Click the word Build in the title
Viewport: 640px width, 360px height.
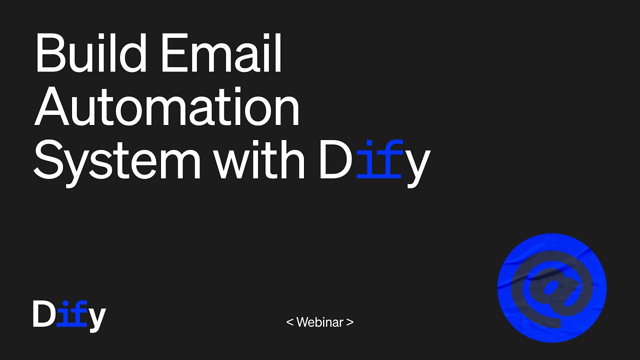(91, 52)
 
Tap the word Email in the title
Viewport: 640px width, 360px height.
(221, 52)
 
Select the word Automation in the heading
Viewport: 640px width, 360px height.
(166, 106)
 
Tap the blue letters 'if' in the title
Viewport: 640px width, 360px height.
(380, 159)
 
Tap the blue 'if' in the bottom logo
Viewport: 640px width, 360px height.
(72, 313)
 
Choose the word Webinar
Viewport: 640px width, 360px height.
(319, 322)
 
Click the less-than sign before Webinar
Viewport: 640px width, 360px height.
(289, 322)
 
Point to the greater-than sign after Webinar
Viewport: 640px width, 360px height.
(350, 322)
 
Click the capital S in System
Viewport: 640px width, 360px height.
(48, 159)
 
